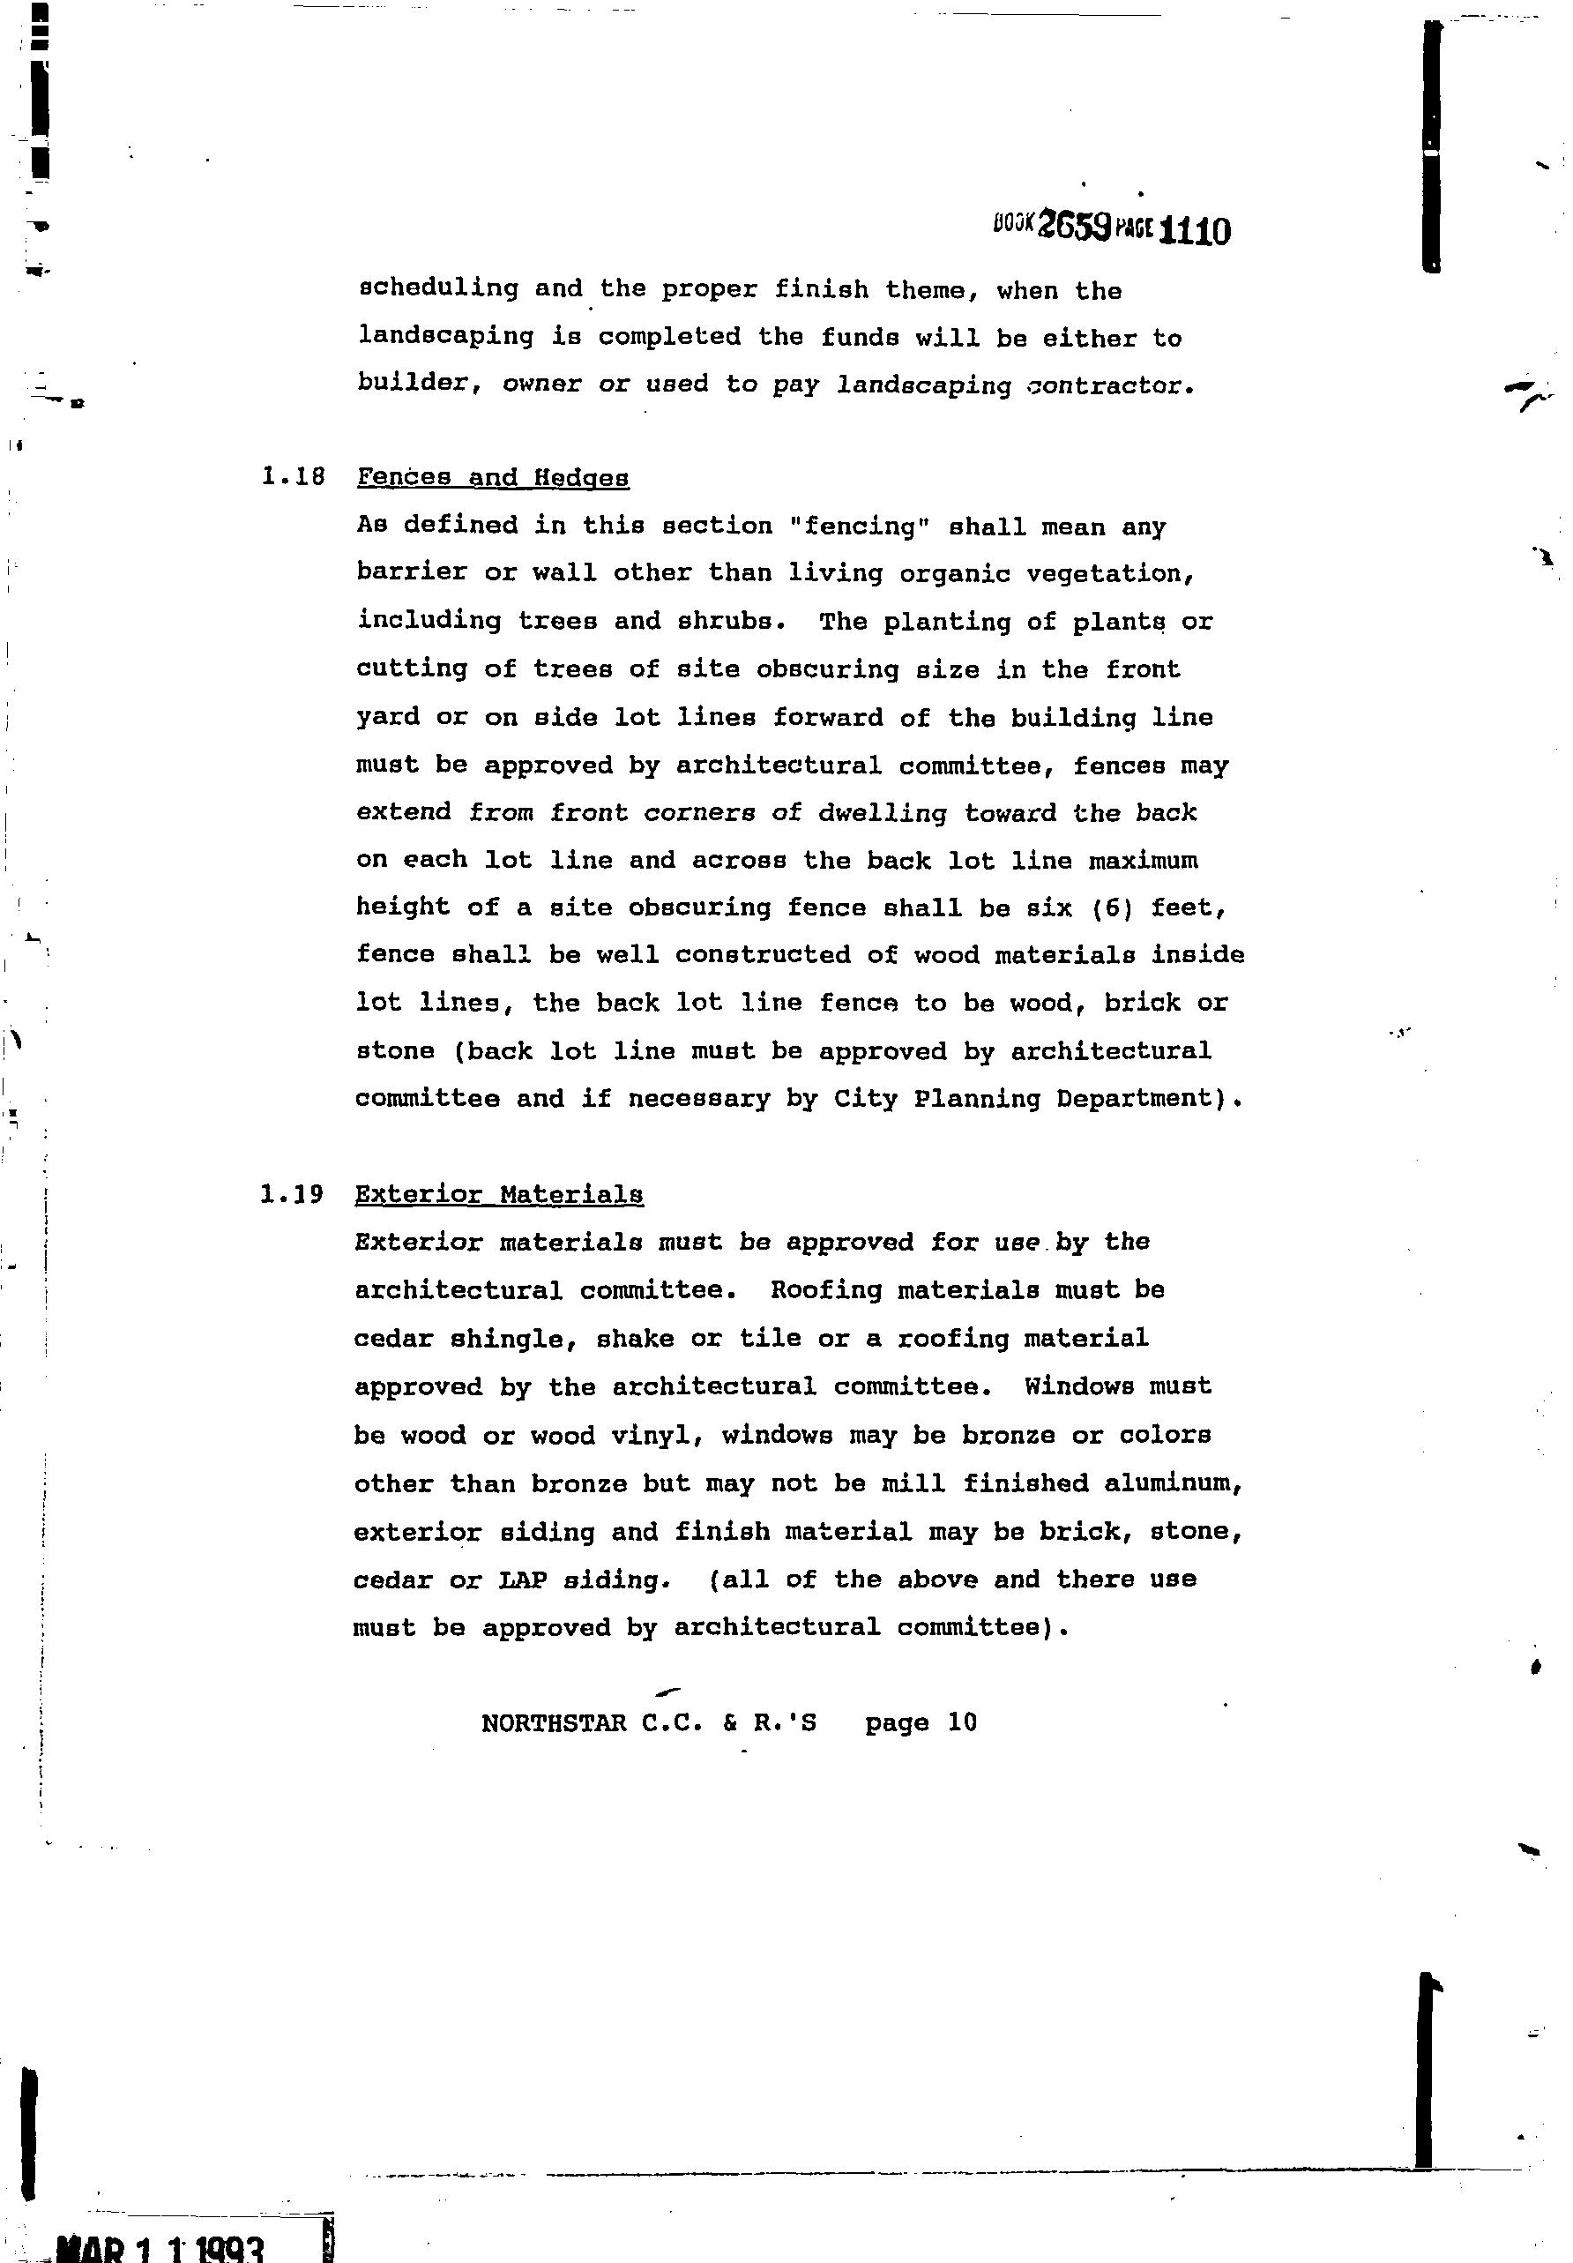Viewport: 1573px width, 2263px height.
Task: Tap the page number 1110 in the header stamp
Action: click(x=1196, y=231)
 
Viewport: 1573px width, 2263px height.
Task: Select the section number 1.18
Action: click(x=293, y=477)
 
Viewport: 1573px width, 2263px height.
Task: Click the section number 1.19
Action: click(x=292, y=1195)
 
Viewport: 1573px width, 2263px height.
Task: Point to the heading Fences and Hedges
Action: click(x=493, y=478)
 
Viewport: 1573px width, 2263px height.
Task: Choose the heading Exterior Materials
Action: click(x=499, y=1195)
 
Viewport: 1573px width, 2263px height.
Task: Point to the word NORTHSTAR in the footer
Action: click(x=554, y=1723)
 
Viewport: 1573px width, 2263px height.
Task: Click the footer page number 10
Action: click(x=961, y=1722)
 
